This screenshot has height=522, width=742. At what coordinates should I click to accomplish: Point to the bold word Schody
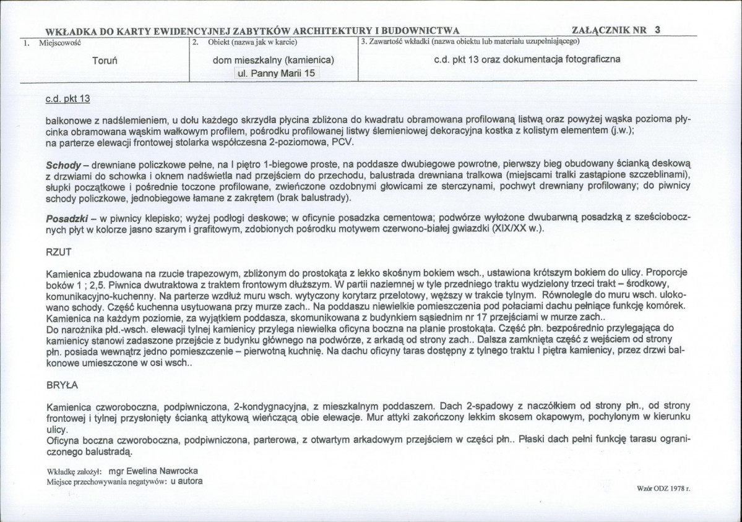[x=63, y=166]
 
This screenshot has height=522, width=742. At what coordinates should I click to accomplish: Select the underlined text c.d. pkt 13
[x=68, y=98]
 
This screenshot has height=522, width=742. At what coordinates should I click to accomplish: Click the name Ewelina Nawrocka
[x=166, y=470]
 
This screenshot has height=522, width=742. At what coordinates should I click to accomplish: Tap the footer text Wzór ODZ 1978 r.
[x=663, y=488]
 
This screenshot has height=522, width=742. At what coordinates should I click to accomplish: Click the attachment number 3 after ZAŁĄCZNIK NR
[x=657, y=29]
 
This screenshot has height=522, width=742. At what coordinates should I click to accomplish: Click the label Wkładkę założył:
[x=74, y=471]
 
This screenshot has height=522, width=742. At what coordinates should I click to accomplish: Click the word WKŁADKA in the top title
[x=78, y=30]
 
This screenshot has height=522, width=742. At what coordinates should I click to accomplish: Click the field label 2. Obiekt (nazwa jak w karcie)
[x=245, y=42]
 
